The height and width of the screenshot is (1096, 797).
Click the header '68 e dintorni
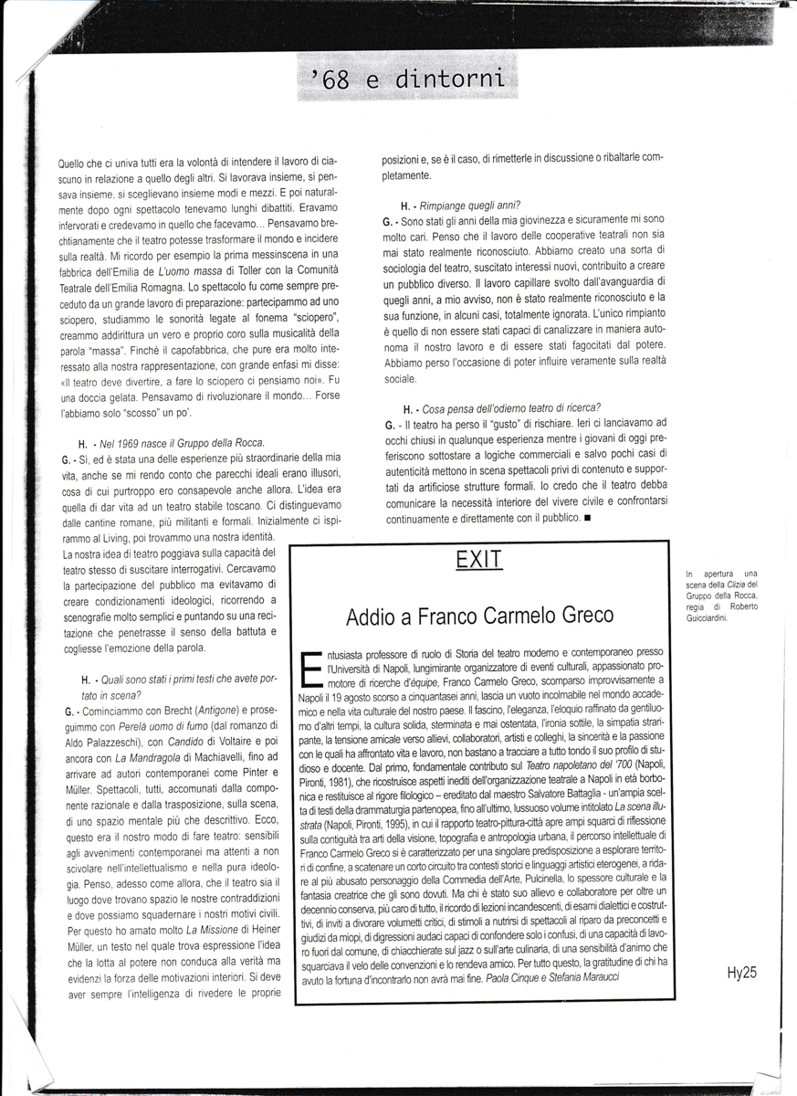(x=407, y=80)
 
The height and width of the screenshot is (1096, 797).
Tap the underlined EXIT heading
(x=479, y=560)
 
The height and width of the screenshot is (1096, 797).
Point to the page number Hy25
(x=743, y=972)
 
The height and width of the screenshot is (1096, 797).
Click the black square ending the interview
(x=586, y=518)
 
